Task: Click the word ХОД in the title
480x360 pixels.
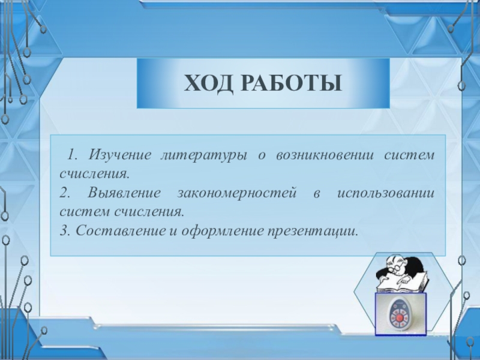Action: pos(208,83)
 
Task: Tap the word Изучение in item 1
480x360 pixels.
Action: pos(119,155)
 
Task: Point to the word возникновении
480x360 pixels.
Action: pos(325,155)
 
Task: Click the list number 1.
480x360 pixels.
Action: pos(71,155)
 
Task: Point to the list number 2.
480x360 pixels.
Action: pos(65,193)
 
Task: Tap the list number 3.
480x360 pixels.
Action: pos(65,231)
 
